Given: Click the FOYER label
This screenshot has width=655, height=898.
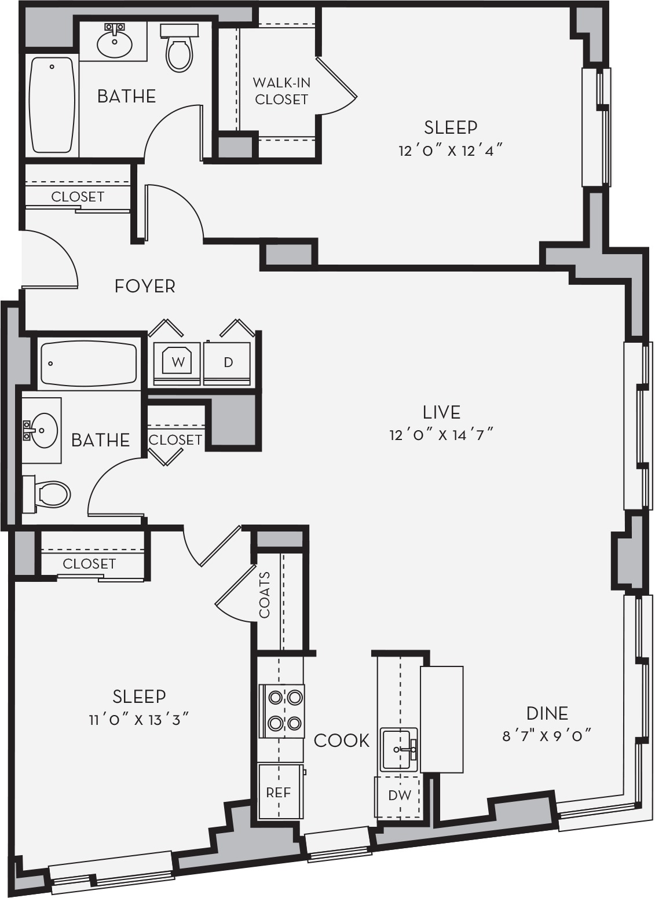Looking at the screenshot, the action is [x=145, y=286].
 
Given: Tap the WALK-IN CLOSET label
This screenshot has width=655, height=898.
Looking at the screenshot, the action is [x=281, y=91].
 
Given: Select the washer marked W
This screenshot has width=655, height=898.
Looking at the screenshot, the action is [x=177, y=363].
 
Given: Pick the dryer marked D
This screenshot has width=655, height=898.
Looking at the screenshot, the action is [x=228, y=363].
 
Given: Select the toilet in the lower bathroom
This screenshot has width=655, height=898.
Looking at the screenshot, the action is [x=46, y=494].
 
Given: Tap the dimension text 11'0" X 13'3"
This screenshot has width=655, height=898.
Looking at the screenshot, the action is [x=139, y=720].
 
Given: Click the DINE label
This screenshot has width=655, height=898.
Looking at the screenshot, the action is [x=547, y=713].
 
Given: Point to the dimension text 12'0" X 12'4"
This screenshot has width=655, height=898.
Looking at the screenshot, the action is [x=451, y=151].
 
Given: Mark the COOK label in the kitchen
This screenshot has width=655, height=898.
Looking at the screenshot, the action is [x=341, y=741].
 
